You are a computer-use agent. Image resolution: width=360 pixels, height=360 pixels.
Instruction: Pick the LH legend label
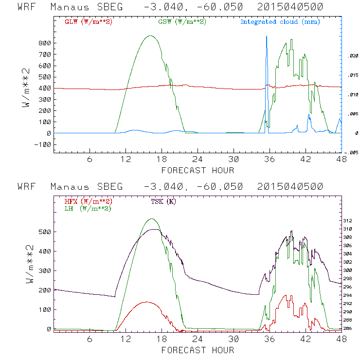(88, 208)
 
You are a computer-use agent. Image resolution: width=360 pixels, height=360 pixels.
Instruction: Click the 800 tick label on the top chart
(45, 43)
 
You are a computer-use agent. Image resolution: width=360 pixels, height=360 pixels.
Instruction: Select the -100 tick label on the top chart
(43, 144)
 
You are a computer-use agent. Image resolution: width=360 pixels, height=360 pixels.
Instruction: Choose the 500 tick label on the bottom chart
(45, 232)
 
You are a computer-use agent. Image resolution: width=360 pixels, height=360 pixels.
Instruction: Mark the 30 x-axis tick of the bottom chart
(234, 339)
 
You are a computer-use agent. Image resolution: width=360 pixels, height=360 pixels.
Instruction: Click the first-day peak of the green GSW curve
(150, 36)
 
